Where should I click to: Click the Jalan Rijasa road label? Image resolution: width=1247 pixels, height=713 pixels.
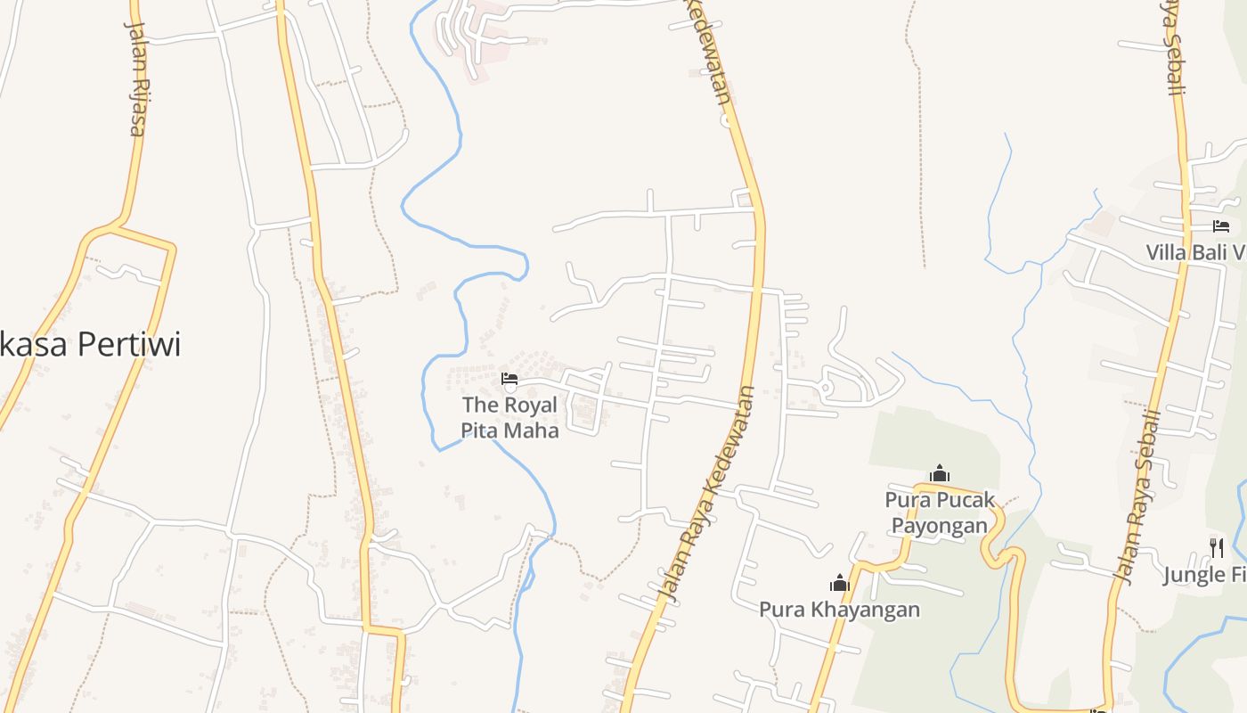(x=134, y=78)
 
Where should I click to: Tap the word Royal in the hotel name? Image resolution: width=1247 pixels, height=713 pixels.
(x=531, y=405)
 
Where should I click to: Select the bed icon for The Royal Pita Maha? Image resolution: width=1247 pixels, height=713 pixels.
(x=509, y=380)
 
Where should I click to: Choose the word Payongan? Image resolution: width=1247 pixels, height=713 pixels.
(x=940, y=525)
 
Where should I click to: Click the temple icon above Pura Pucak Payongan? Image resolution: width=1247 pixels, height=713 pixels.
(x=939, y=472)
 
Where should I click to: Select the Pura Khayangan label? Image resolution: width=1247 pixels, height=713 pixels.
(x=839, y=610)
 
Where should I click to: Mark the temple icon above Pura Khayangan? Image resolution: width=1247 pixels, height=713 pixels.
(x=839, y=584)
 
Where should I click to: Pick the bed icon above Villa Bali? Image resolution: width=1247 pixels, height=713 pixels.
(x=1220, y=226)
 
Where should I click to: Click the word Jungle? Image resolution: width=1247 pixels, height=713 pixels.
(x=1194, y=574)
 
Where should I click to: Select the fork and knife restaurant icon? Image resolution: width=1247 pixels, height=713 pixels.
(x=1217, y=547)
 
